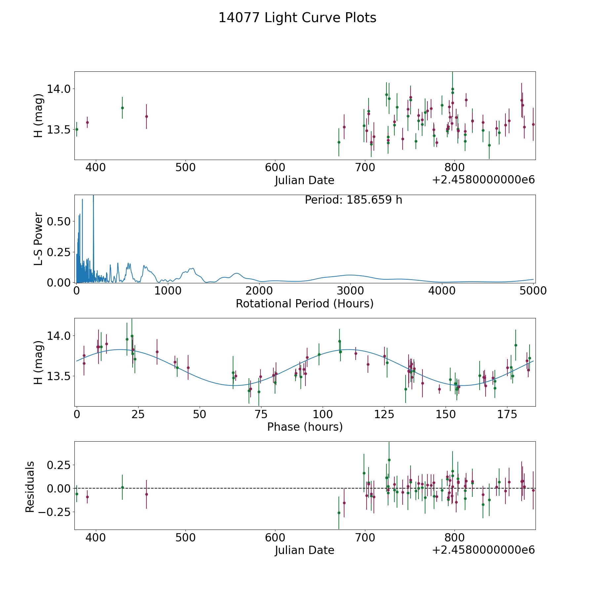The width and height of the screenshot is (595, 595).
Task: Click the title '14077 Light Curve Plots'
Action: coord(297,18)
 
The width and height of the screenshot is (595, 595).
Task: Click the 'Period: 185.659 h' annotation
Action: coord(353,200)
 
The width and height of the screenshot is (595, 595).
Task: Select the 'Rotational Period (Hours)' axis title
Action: coord(304,303)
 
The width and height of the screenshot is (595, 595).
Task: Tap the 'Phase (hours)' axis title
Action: coord(304,427)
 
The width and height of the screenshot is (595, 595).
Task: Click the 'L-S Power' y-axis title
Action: coord(38,239)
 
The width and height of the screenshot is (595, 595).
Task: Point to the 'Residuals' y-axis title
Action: coord(30,487)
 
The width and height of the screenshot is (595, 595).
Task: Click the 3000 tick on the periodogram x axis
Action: coord(350,291)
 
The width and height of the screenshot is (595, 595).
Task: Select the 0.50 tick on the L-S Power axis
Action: coord(59,221)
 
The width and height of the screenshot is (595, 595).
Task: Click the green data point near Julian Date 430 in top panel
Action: coord(122,108)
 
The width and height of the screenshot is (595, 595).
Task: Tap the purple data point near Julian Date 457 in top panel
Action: coord(146,116)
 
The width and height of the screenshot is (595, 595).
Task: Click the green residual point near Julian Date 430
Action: coord(122,487)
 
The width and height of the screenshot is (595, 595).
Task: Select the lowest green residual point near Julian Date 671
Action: coord(339,513)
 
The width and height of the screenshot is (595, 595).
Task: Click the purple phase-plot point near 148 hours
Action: coord(439,389)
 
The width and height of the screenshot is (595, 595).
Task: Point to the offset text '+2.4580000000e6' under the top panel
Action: coord(483,180)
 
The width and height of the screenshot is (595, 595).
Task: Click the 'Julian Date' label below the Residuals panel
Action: coord(304,550)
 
